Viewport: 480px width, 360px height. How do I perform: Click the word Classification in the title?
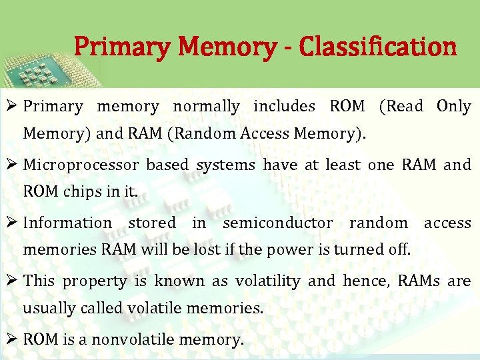pos(378,47)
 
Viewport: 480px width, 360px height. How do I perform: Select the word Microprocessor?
pos(81,165)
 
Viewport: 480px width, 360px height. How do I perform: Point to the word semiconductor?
pos(277,223)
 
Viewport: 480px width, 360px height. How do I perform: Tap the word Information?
pos(67,223)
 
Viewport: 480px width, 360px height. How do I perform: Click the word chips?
pos(83,192)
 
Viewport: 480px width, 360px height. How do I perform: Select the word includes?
pos(284,107)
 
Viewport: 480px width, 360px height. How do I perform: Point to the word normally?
pos(206,107)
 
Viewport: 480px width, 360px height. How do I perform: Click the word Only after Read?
pos(453,107)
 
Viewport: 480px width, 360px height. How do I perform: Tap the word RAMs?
pos(419,281)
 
